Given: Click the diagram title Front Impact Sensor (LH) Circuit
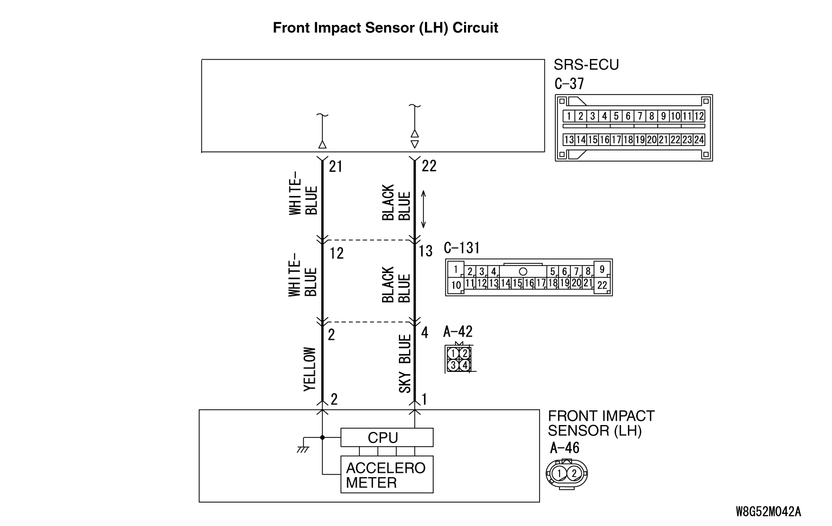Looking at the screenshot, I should point(385,28).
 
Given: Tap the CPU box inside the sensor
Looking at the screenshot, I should point(386,438).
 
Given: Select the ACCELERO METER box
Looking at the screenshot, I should point(386,475).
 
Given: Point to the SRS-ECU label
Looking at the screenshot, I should point(586,65).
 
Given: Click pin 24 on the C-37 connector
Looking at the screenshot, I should point(699,140).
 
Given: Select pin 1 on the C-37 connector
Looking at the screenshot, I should point(569,116).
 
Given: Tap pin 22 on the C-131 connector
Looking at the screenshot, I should point(602,285).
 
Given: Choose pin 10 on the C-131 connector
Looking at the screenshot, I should point(456,285).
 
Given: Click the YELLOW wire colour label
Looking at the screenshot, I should point(309,369).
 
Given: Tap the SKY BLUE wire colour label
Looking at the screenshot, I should point(405,364).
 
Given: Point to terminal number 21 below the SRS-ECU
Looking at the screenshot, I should point(336,166).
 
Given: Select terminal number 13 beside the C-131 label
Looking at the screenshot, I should point(426,251).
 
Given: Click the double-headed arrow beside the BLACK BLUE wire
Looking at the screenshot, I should point(423,209).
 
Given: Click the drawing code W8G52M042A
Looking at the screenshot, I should point(768,511).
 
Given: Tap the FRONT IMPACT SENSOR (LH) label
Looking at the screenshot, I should point(601,423).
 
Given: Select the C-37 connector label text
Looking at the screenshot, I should point(569,84).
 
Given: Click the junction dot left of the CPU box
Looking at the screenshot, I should point(322,437).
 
